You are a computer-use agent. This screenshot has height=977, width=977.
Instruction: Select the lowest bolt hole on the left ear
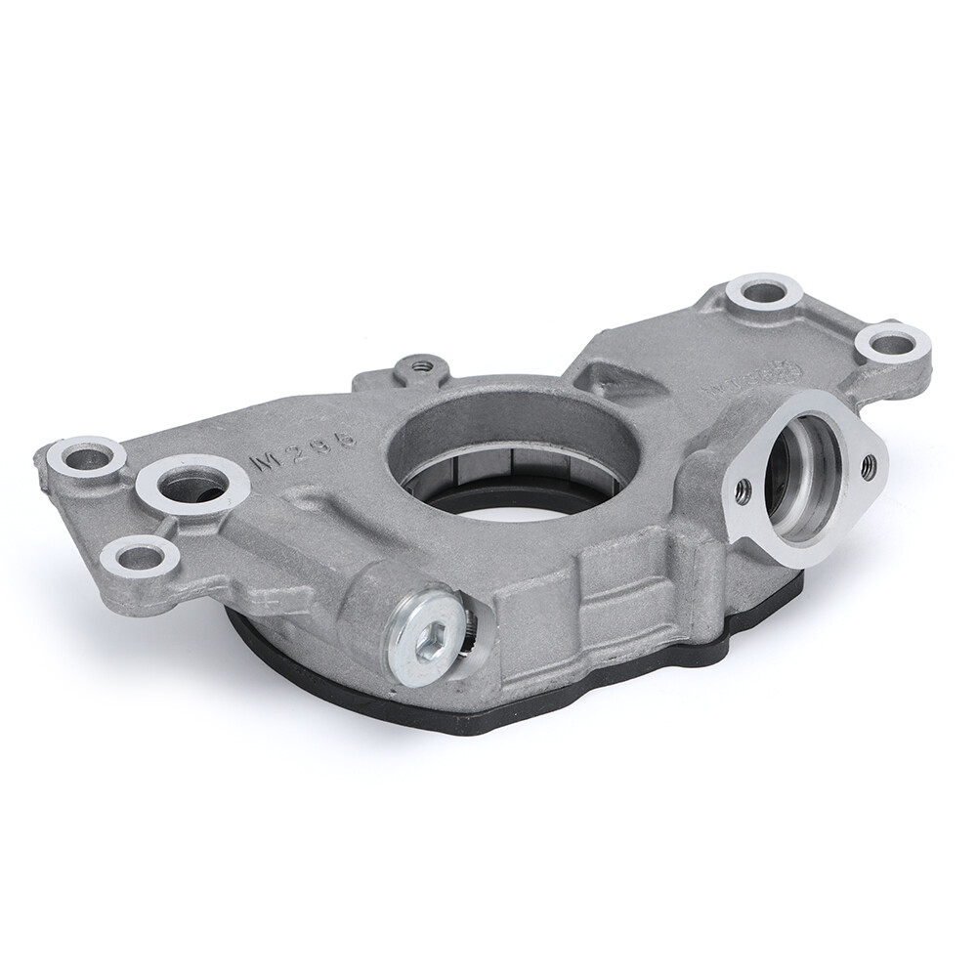point(140,558)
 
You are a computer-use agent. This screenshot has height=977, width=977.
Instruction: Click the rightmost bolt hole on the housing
point(890,344)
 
